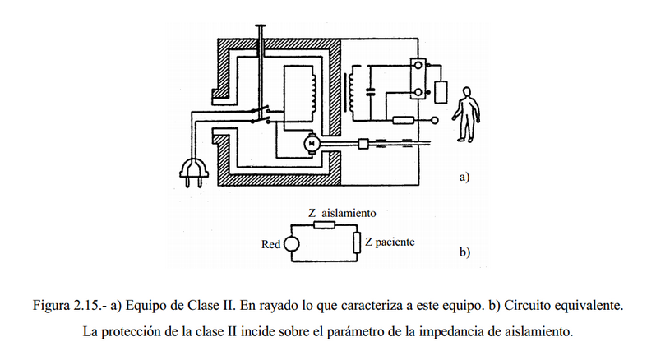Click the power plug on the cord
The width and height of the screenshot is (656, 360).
point(194,173)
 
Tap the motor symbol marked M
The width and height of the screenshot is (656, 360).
point(312,144)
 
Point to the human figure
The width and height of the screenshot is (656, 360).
point(465,114)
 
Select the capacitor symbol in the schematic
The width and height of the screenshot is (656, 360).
point(370,92)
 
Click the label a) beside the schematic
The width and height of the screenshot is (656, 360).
point(464,177)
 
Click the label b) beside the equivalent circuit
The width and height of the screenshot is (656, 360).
point(464,252)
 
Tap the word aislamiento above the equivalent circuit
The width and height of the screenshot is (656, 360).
point(349,213)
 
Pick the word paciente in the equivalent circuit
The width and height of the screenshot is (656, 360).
point(395,242)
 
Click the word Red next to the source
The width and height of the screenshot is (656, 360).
point(270,244)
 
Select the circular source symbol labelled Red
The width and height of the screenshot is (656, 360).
point(292,244)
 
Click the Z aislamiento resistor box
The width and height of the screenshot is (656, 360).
point(324,225)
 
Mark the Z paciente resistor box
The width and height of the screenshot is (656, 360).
point(357,243)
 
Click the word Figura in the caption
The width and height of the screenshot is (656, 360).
point(52,306)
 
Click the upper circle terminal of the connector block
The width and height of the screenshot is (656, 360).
point(418,66)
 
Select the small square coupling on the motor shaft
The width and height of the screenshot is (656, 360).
point(363,144)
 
